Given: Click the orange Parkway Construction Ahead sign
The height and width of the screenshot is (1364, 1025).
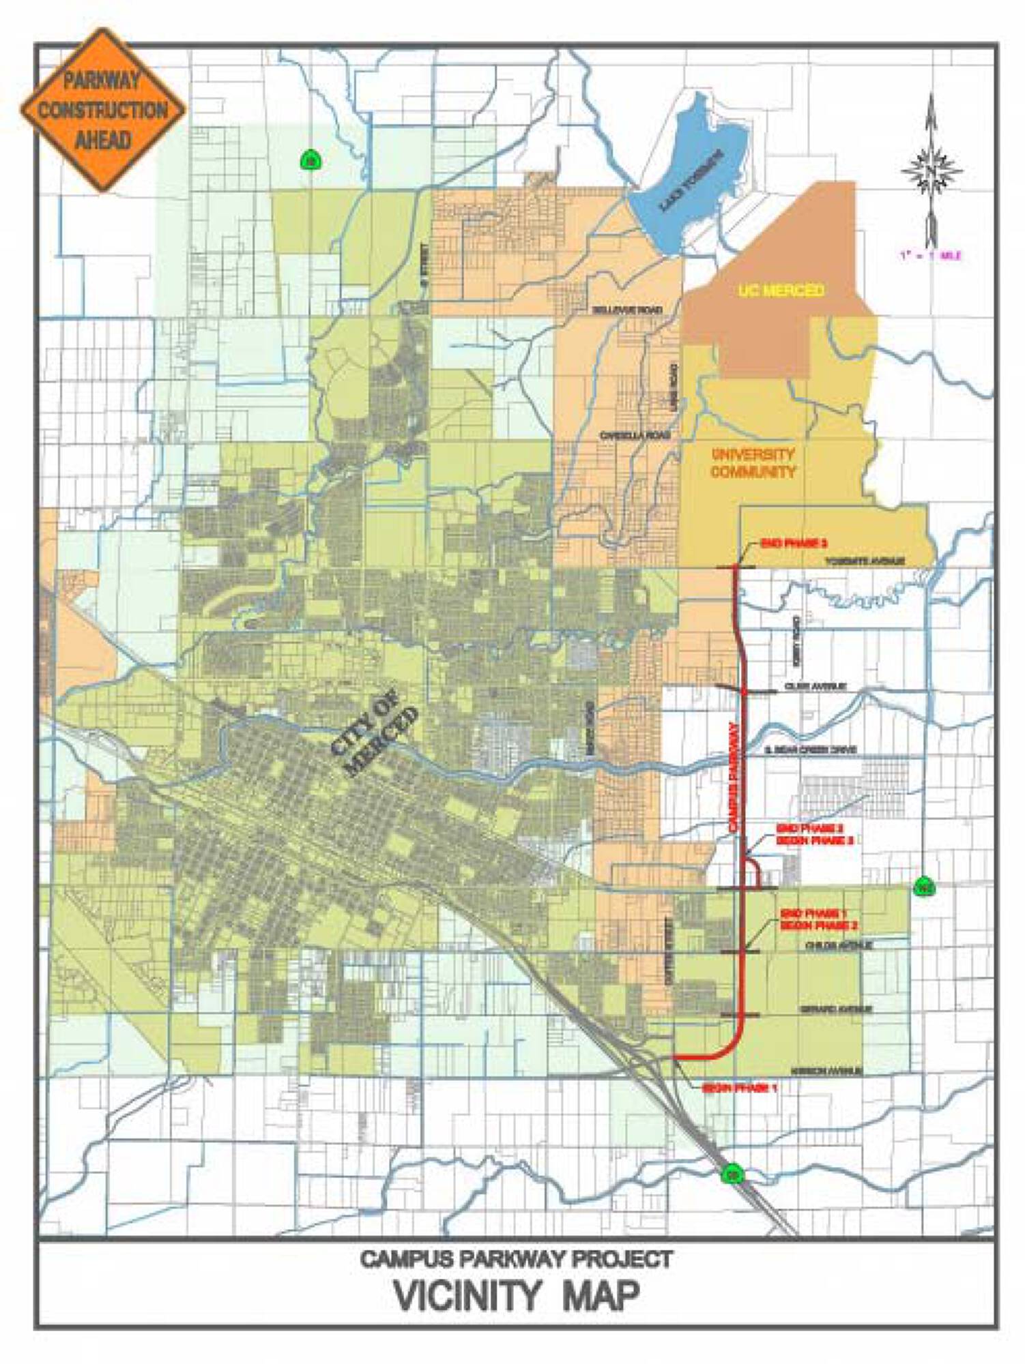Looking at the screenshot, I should click(x=102, y=110).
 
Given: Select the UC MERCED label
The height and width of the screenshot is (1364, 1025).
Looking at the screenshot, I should click(x=781, y=291).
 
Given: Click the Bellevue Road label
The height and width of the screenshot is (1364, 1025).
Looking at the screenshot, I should click(x=626, y=310).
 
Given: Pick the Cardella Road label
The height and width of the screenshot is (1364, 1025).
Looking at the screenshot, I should click(x=635, y=435).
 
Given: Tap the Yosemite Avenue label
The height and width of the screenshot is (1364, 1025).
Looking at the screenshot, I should click(x=865, y=561).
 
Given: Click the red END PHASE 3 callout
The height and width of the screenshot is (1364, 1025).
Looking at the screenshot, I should click(x=793, y=544).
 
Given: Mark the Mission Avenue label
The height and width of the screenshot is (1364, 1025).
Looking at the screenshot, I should click(x=826, y=1071).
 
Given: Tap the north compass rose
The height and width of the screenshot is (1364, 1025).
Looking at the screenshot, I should click(x=932, y=170).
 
